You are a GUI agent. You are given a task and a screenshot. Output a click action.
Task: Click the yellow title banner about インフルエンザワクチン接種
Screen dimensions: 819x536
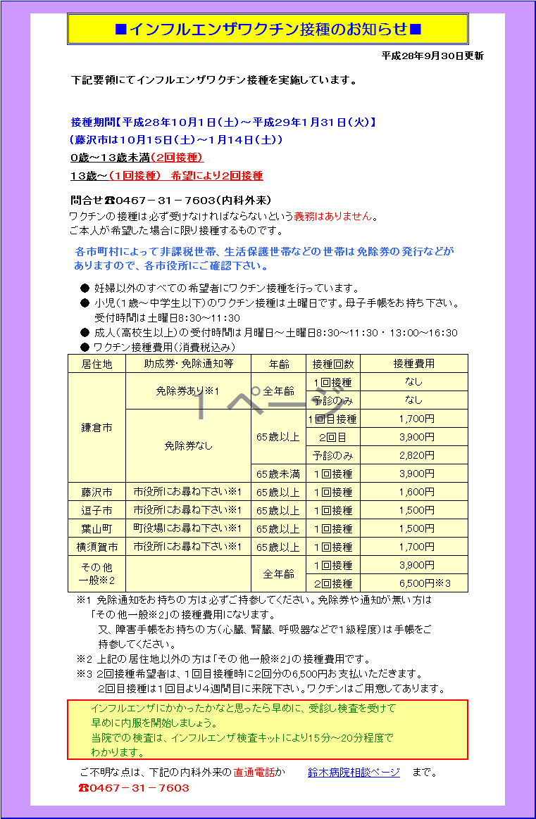268,29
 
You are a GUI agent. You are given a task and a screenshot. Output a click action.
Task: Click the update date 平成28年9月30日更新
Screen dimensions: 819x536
432,56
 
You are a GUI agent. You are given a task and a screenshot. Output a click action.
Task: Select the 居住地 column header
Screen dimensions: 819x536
96,364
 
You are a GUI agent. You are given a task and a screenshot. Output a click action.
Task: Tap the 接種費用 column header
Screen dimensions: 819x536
413,364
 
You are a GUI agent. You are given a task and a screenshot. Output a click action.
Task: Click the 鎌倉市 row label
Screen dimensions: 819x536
96,427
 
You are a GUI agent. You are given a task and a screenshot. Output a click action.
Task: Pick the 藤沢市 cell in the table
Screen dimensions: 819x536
96,492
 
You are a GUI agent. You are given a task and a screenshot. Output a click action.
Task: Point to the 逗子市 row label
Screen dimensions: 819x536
96,510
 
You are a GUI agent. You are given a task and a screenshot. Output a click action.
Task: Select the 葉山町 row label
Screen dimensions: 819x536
96,528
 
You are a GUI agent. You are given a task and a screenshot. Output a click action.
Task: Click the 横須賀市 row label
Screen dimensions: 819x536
96,547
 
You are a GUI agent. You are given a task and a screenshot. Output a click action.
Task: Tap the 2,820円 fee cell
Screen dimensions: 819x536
416,455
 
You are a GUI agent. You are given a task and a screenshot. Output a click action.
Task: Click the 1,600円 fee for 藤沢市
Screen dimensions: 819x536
416,492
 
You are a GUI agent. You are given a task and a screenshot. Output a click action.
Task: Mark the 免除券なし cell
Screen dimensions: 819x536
188,445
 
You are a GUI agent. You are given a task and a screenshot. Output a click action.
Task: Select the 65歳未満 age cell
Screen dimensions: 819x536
278,474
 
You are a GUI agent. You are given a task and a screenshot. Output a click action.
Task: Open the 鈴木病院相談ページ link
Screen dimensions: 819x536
354,773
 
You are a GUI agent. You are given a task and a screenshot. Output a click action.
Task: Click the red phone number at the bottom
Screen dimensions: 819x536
134,788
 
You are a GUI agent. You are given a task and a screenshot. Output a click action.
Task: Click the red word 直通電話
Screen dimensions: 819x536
254,773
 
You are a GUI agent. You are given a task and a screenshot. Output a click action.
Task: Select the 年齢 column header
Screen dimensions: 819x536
278,364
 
